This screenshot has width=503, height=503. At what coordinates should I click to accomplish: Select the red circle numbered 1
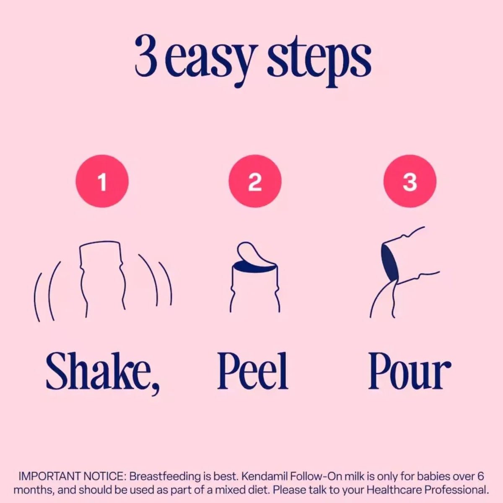click(102, 181)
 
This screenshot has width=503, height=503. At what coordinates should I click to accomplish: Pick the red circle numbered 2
click(255, 181)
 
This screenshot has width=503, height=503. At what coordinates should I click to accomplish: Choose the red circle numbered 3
click(410, 181)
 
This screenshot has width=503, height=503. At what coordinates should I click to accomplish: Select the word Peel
click(253, 371)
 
